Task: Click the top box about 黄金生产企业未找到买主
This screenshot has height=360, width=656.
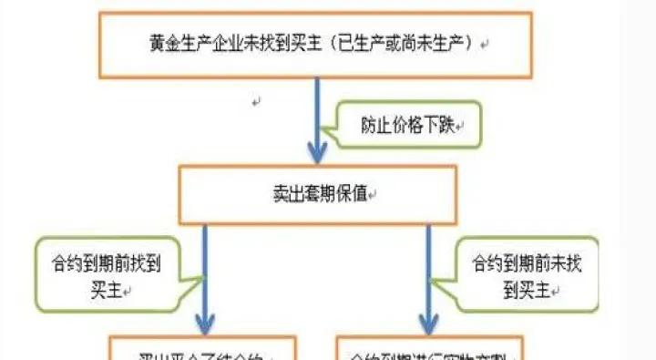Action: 315,45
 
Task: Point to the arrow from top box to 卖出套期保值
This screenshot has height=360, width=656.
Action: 316,114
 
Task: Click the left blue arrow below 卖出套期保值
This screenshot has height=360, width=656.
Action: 204,273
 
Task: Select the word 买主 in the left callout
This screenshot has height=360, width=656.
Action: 100,289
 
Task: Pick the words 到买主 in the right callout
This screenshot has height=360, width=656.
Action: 527,291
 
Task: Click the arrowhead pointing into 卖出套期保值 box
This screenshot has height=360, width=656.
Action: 316,150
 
